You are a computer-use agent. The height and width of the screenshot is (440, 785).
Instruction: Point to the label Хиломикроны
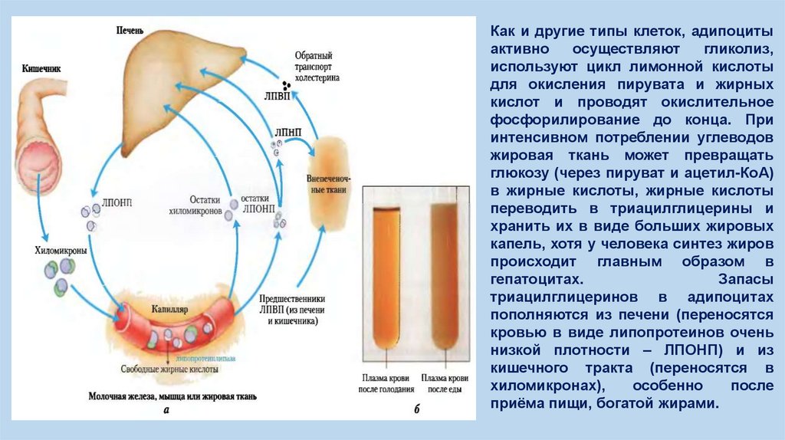61,251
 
